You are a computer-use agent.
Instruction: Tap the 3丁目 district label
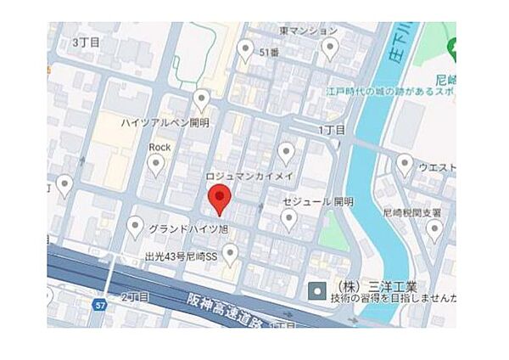pyautogui.click(x=87, y=42)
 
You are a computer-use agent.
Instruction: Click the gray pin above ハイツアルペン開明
pyautogui.click(x=201, y=100)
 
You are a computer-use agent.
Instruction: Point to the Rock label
pyautogui.click(x=159, y=147)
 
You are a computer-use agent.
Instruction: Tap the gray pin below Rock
pyautogui.click(x=155, y=166)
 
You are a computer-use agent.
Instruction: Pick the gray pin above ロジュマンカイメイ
pyautogui.click(x=287, y=153)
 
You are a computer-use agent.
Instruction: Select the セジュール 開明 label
pyautogui.click(x=318, y=202)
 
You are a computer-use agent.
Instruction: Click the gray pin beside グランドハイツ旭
pyautogui.click(x=134, y=226)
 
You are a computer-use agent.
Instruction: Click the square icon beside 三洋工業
pyautogui.click(x=316, y=291)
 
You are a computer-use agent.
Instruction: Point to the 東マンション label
pyautogui.click(x=308, y=31)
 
